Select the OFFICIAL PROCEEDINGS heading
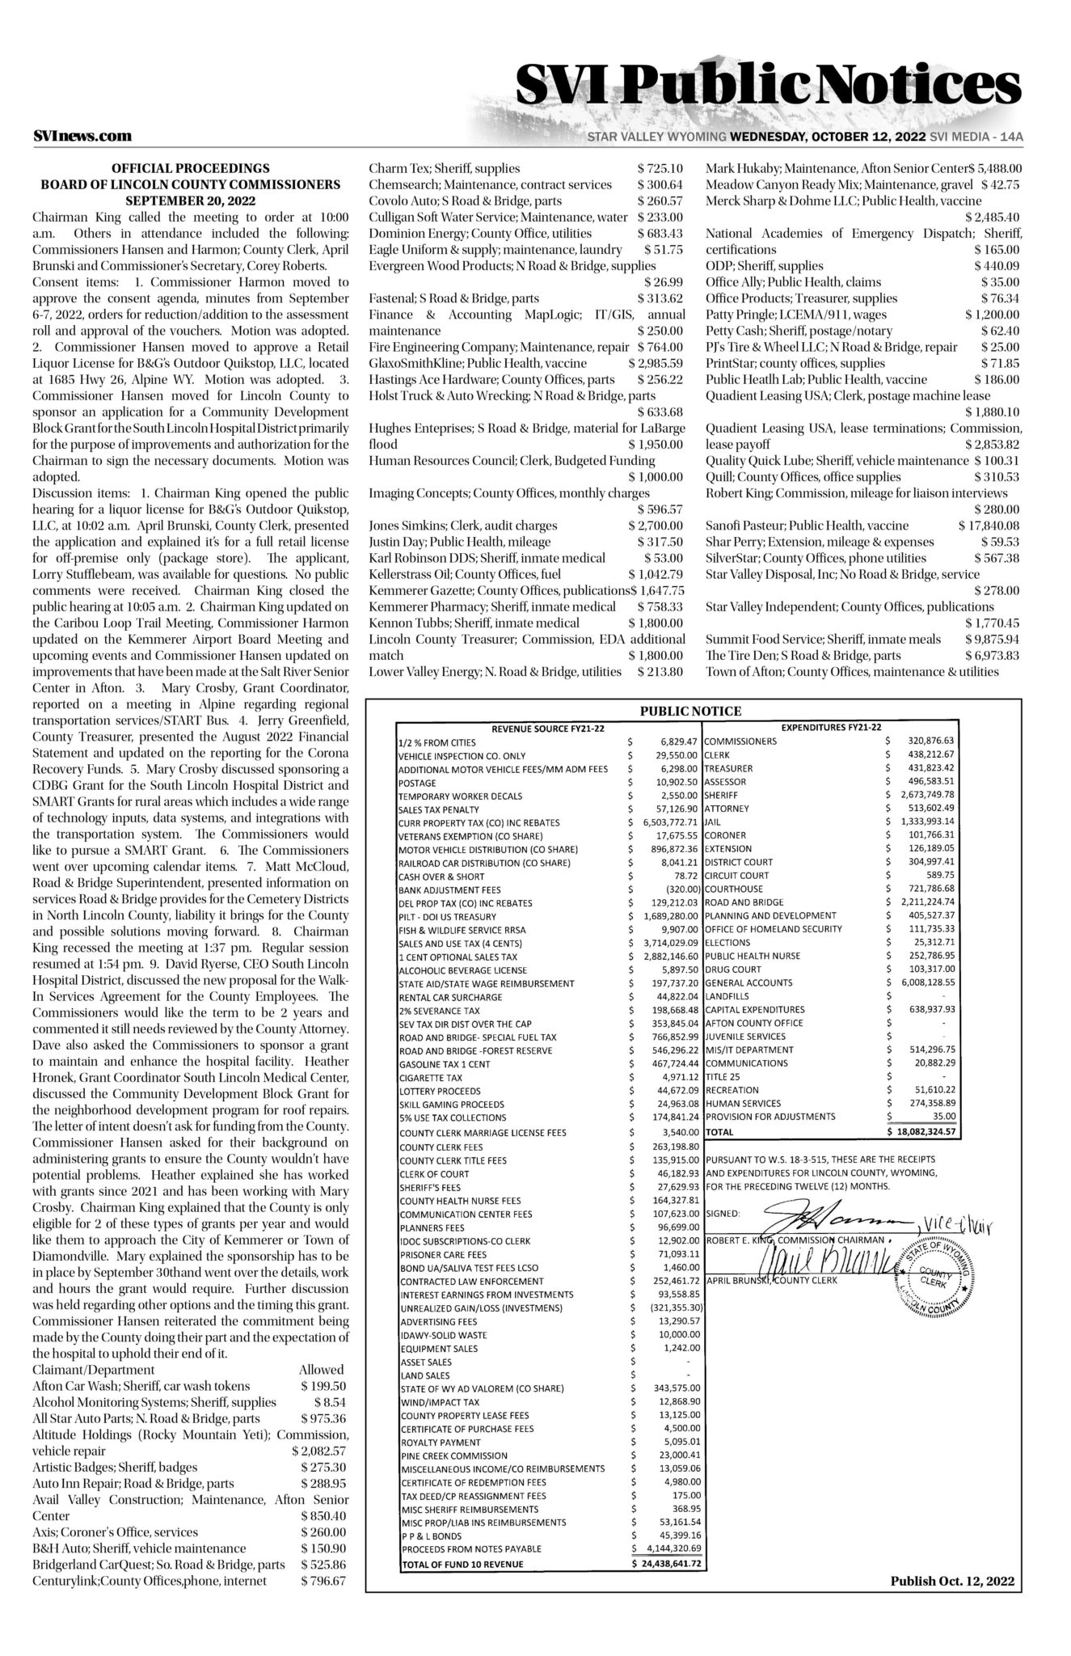(191, 168)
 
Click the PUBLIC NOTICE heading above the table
(690, 712)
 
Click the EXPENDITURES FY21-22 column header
(832, 728)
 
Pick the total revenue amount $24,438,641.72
(668, 1564)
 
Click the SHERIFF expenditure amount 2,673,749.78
(926, 796)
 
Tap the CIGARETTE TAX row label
(431, 1078)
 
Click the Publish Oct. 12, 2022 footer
(952, 1581)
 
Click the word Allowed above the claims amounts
(322, 1370)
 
